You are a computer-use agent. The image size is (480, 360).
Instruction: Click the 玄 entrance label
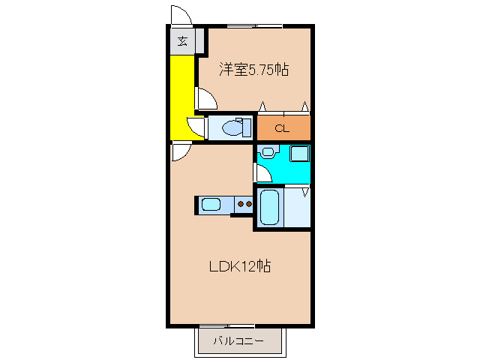tap(182, 41)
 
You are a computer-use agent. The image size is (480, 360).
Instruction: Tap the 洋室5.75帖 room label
tap(253, 70)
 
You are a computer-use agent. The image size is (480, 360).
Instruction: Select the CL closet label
tap(282, 128)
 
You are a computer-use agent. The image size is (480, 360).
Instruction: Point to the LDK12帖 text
tap(240, 266)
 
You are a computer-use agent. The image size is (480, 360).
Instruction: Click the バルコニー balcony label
tap(238, 340)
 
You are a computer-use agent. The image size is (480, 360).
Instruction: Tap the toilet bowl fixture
tap(237, 127)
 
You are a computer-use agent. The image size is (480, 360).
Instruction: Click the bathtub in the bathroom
tap(269, 207)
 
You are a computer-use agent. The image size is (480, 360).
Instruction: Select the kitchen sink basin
tap(211, 205)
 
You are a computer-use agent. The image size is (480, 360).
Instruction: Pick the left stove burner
tap(241, 203)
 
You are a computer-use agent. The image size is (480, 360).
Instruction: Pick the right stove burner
tap(248, 203)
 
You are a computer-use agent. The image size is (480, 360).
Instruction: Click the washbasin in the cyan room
tap(268, 151)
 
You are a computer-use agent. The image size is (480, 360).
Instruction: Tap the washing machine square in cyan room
tap(299, 154)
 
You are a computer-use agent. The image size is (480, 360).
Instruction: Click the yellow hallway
tap(182, 97)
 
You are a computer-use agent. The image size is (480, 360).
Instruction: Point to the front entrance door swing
tap(181, 15)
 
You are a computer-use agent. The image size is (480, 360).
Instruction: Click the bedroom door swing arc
tap(206, 98)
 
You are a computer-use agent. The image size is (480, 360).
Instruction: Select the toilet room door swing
tap(196, 127)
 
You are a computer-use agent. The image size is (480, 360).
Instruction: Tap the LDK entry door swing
tap(181, 151)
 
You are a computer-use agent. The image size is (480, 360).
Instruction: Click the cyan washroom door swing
tap(262, 173)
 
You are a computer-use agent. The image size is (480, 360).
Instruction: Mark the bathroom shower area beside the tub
tap(297, 208)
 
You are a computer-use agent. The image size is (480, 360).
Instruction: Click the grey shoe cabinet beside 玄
tap(199, 41)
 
